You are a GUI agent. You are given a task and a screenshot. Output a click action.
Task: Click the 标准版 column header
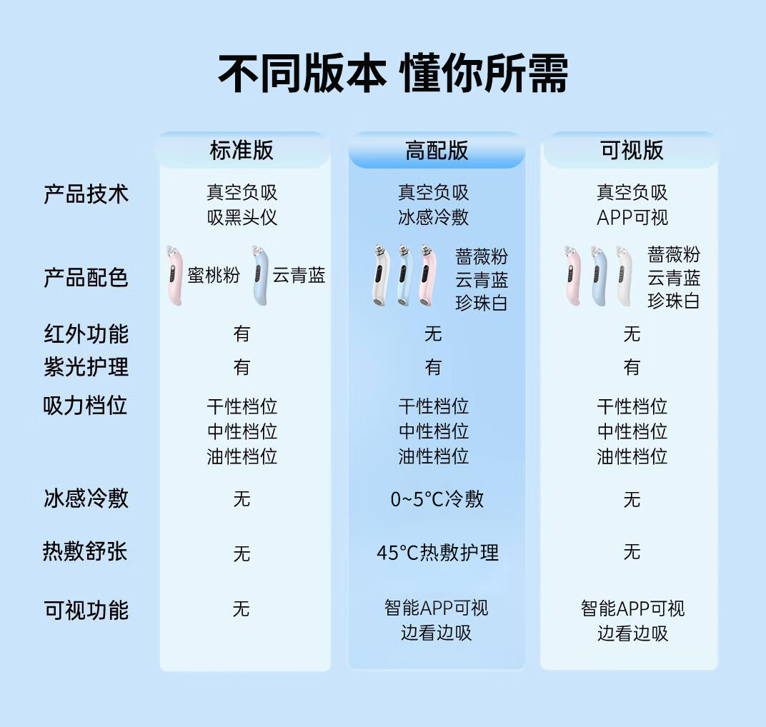pyautogui.click(x=242, y=150)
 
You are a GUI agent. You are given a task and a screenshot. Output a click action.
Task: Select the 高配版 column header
pyautogui.click(x=437, y=150)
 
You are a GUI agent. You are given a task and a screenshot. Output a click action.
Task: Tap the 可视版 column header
pyautogui.click(x=632, y=150)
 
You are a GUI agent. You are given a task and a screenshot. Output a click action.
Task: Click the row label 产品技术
pyautogui.click(x=86, y=194)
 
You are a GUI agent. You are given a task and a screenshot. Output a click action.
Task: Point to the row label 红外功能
pyautogui.click(x=86, y=334)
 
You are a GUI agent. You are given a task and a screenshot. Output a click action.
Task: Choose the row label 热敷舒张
pyautogui.click(x=86, y=552)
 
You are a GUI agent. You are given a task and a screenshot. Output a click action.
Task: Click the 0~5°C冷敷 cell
pyautogui.click(x=437, y=499)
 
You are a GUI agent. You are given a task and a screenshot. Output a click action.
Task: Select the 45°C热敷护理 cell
pyautogui.click(x=437, y=552)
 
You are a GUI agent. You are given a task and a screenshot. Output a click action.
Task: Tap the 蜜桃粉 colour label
pyautogui.click(x=214, y=276)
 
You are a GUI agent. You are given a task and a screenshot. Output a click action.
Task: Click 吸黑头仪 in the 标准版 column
pyautogui.click(x=242, y=217)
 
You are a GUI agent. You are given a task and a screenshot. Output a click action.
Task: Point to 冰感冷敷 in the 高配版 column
pyautogui.click(x=434, y=217)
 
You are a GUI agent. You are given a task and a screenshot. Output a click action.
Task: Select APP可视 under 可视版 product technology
pyautogui.click(x=632, y=217)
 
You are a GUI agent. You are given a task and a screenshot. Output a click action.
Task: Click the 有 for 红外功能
pyautogui.click(x=242, y=334)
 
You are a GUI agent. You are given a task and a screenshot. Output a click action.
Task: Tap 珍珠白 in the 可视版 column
pyautogui.click(x=674, y=301)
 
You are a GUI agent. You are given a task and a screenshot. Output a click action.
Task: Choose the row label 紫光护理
pyautogui.click(x=86, y=367)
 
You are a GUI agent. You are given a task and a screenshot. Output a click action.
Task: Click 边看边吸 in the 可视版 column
pyautogui.click(x=632, y=633)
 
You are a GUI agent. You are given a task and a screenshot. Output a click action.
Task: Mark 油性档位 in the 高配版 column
pyautogui.click(x=434, y=456)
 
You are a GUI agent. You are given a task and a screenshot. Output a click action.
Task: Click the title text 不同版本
pyautogui.click(x=302, y=74)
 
